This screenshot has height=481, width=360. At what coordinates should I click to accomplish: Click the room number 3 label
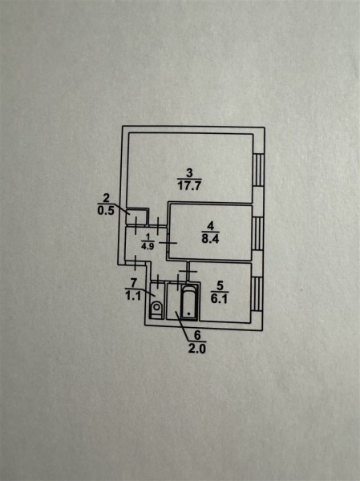189,172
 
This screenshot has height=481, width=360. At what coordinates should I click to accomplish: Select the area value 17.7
189,186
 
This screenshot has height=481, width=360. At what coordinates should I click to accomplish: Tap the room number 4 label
210,226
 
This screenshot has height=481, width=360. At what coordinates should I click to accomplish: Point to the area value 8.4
210,239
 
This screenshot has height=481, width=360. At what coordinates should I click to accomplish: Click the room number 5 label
220,286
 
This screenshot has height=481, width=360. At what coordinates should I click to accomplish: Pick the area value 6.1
219,298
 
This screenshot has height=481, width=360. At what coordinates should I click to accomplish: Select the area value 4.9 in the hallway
148,246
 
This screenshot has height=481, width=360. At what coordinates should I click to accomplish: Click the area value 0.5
106,211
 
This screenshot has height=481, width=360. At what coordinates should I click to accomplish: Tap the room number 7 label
133,282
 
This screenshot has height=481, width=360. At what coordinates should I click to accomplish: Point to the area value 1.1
133,296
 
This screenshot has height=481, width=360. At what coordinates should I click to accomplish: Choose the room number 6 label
197,335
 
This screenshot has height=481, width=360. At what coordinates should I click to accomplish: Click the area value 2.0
197,349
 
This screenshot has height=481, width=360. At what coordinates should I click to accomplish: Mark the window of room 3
258,170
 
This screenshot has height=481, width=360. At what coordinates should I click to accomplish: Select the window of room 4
258,234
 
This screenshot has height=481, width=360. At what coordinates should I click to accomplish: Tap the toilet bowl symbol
157,309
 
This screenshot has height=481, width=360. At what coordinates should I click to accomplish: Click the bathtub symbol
188,302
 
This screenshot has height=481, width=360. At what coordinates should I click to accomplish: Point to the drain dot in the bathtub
188,313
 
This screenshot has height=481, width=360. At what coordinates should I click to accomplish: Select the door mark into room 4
168,243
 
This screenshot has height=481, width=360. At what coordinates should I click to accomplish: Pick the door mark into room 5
188,271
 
